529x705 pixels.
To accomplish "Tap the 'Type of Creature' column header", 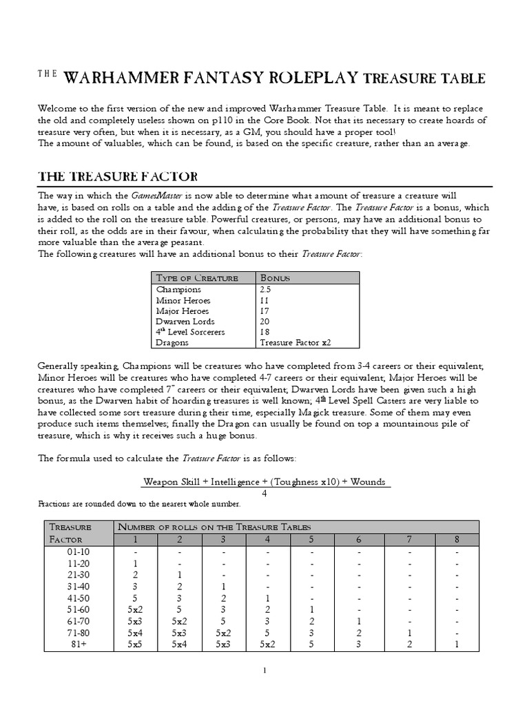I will click(197, 278).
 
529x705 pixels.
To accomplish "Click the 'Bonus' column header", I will click(275, 278).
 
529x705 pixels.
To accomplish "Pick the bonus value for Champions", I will click(266, 290).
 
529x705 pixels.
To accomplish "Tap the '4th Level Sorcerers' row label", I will click(190, 332).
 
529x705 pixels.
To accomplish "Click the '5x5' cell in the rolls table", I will click(136, 645).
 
